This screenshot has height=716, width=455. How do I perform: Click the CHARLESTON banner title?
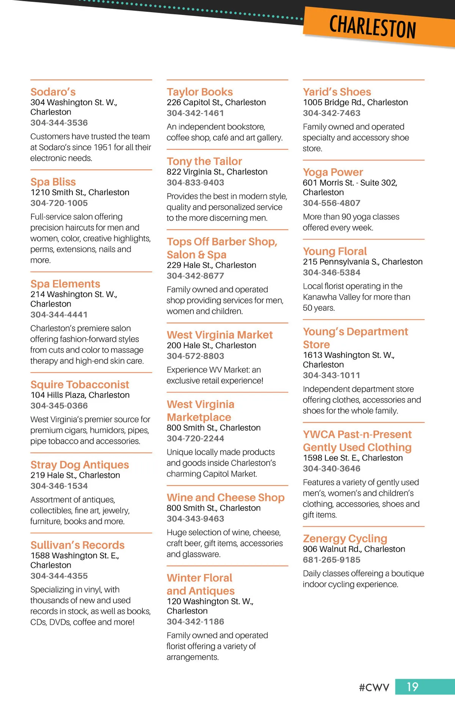point(372,27)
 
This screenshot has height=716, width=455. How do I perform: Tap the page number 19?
point(413,687)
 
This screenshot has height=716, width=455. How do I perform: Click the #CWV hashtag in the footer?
point(374,688)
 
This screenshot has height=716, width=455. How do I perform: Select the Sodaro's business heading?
point(53,92)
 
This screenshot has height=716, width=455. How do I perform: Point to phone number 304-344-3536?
point(59,123)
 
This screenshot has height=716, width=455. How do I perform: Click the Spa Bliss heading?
point(53,182)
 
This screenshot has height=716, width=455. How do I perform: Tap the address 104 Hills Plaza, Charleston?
point(80,395)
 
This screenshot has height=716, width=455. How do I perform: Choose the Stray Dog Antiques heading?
point(80,465)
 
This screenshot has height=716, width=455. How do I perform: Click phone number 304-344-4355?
point(59,576)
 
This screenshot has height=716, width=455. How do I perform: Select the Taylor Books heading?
point(200,92)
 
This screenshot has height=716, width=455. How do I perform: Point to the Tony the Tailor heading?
point(204,161)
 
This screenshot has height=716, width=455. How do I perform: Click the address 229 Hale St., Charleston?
point(211,265)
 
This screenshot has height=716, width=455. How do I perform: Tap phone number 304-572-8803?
point(195,356)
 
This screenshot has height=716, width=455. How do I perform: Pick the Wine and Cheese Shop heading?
point(226,498)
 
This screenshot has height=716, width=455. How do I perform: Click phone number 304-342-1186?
point(195,621)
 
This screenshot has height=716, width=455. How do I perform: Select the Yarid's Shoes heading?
point(337,92)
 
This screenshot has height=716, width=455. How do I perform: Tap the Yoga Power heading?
point(333,172)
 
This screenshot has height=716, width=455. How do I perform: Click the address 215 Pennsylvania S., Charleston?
point(362,262)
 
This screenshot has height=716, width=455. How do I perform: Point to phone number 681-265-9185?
point(331,560)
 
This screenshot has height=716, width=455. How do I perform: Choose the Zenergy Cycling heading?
point(345,539)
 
